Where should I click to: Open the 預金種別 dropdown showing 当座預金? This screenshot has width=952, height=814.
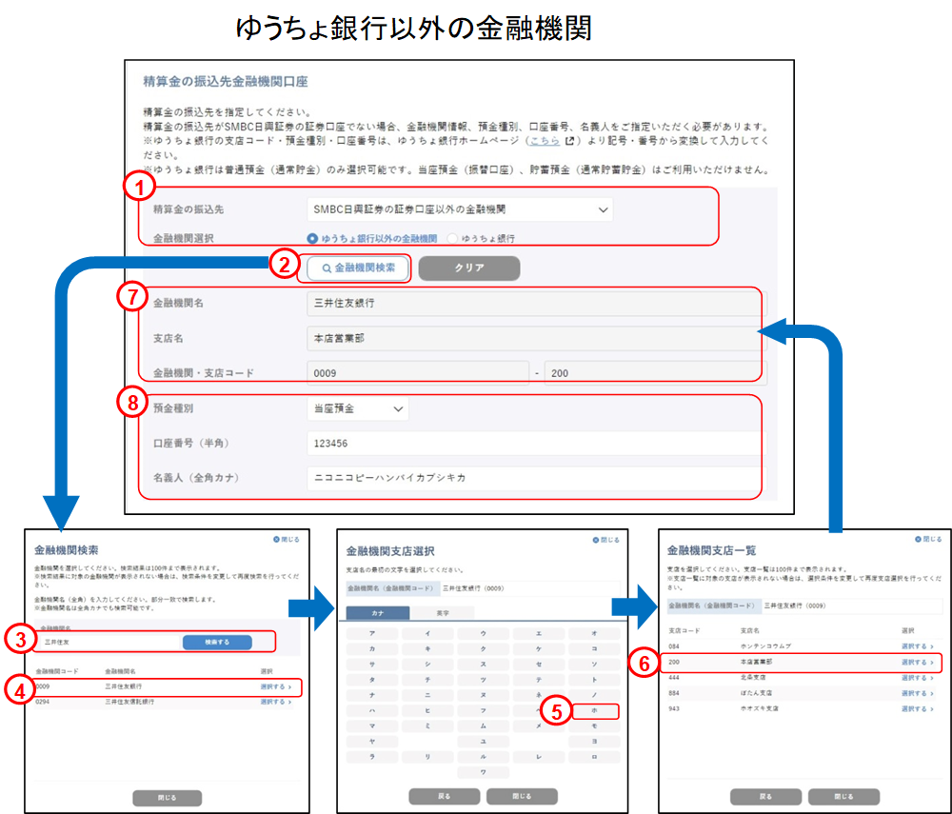pos(358,408)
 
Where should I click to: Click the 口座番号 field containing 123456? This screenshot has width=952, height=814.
pos(533,443)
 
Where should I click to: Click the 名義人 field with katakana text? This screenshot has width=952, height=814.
pos(533,477)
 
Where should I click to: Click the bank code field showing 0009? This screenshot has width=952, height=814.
pos(417,373)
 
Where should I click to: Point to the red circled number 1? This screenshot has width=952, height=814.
pos(140,188)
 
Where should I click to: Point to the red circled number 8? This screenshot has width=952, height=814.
pos(132,402)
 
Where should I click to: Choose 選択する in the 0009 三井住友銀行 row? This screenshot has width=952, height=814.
pos(274,685)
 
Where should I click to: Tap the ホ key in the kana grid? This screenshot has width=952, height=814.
pos(593,710)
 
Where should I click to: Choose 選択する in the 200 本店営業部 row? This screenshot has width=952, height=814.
pos(915,661)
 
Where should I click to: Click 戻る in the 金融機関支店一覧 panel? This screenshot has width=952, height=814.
pos(764,796)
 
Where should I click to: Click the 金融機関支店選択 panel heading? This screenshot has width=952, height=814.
pos(389,550)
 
